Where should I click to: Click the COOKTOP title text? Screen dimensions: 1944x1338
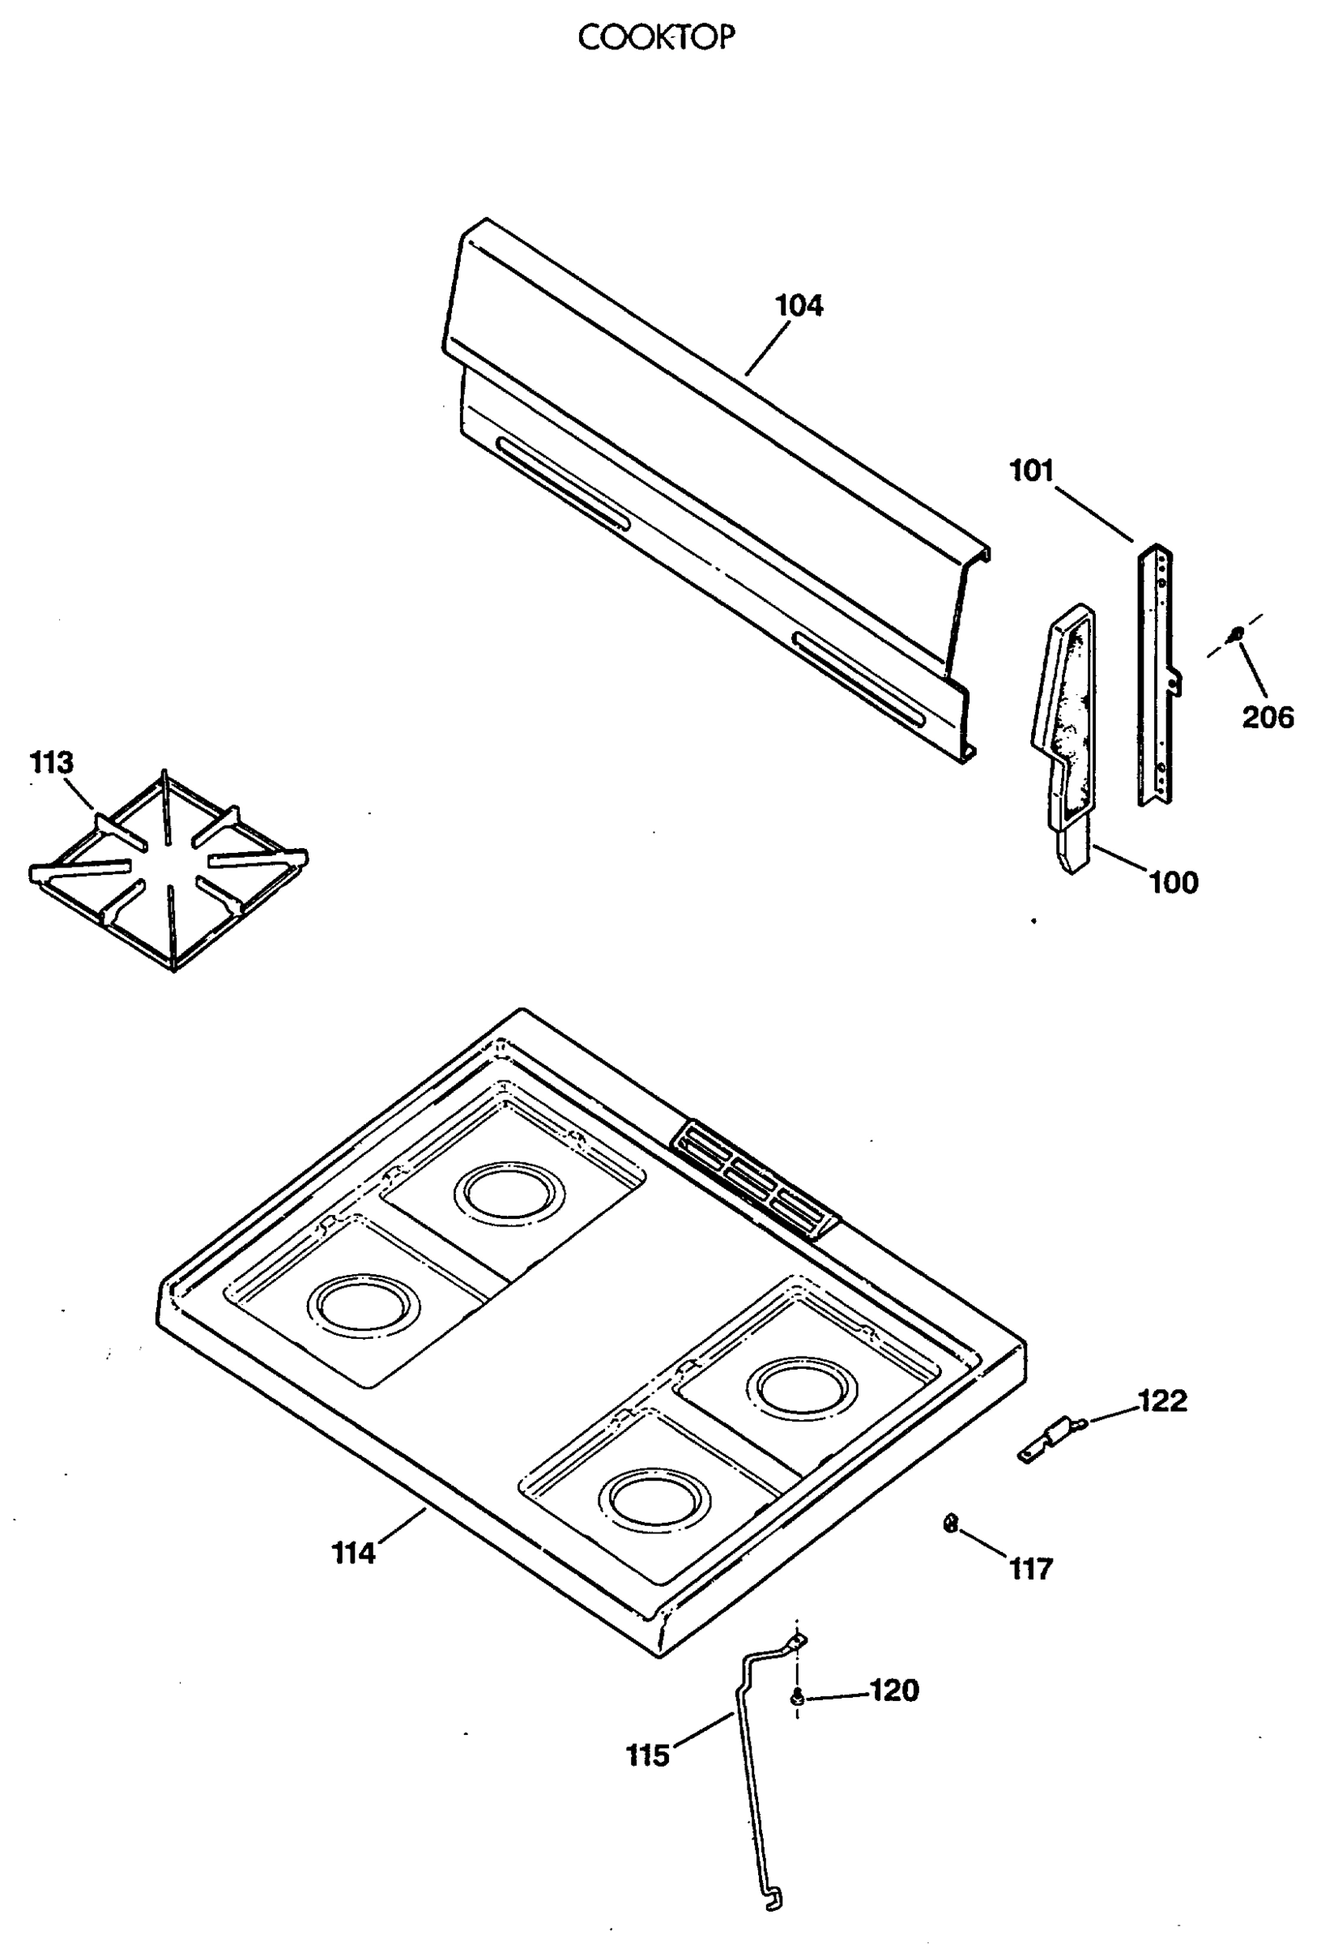click(x=656, y=37)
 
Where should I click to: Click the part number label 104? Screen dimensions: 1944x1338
click(x=799, y=306)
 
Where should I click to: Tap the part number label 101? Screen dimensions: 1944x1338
click(x=1031, y=471)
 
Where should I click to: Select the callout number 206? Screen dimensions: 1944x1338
click(x=1268, y=718)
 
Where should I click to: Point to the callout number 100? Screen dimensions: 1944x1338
click(x=1173, y=883)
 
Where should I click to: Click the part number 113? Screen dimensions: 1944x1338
click(x=52, y=763)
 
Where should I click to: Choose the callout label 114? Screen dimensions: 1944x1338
click(x=354, y=1554)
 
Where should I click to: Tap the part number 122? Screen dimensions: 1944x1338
click(x=1162, y=1400)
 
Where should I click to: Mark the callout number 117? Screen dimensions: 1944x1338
click(x=1030, y=1568)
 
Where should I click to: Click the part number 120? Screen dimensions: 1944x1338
click(x=894, y=1690)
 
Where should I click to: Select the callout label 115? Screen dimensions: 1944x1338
click(x=648, y=1755)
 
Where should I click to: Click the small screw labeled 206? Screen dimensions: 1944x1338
click(x=1235, y=634)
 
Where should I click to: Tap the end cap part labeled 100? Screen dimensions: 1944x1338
click(x=1063, y=738)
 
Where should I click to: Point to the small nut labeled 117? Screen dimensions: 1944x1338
click(x=950, y=1523)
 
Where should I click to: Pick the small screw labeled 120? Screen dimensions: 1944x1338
click(x=796, y=1698)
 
